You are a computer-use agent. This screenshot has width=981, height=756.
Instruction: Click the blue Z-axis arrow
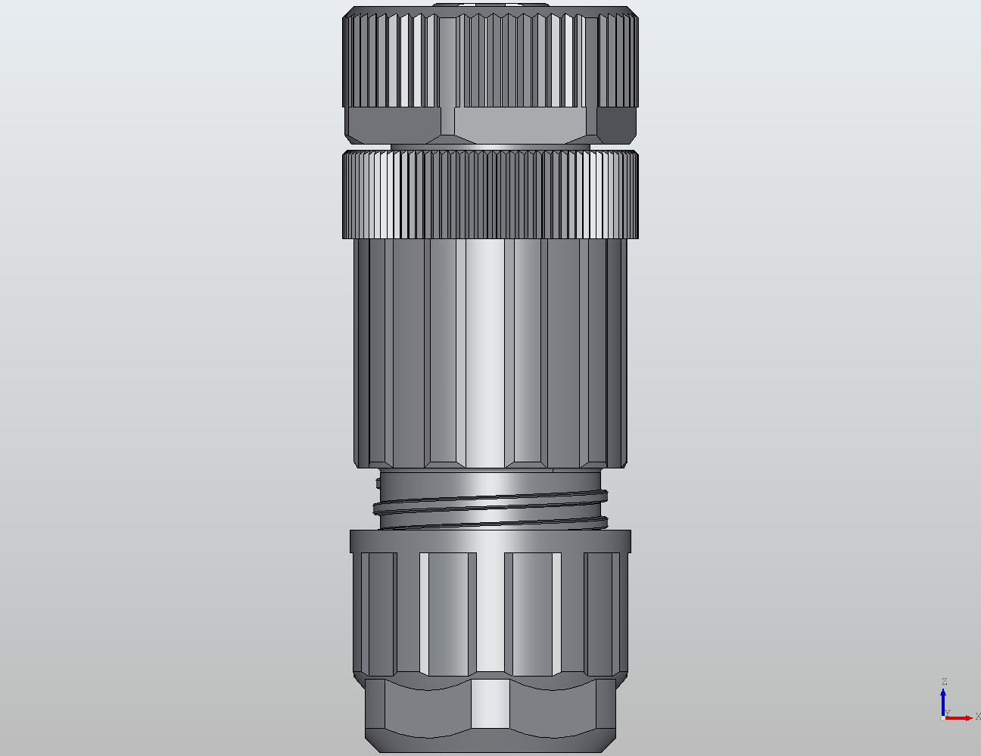944,700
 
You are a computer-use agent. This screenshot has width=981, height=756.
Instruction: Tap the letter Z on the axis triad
944,682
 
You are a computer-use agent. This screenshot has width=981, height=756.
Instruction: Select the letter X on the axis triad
977,716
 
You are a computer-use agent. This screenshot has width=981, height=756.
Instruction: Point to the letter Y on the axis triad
947,713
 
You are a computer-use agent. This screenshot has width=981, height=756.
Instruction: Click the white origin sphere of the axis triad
942,717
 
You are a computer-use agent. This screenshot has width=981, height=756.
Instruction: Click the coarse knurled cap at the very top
490,61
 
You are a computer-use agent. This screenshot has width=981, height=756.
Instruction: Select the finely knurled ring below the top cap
490,194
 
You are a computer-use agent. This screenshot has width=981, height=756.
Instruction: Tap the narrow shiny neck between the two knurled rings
490,145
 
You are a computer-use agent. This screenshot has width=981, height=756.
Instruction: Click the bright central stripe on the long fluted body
484,352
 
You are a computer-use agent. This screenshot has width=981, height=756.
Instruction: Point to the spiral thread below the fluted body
492,509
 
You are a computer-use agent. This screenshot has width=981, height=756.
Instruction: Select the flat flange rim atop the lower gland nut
490,540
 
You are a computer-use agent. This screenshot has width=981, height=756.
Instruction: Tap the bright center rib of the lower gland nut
490,613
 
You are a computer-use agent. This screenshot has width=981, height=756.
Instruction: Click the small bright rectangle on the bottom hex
490,703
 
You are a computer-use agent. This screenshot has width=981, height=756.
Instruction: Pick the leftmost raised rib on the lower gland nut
378,613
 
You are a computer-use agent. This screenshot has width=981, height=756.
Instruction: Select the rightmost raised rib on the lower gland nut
603,613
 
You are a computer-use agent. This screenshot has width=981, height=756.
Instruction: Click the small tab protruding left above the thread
379,481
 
